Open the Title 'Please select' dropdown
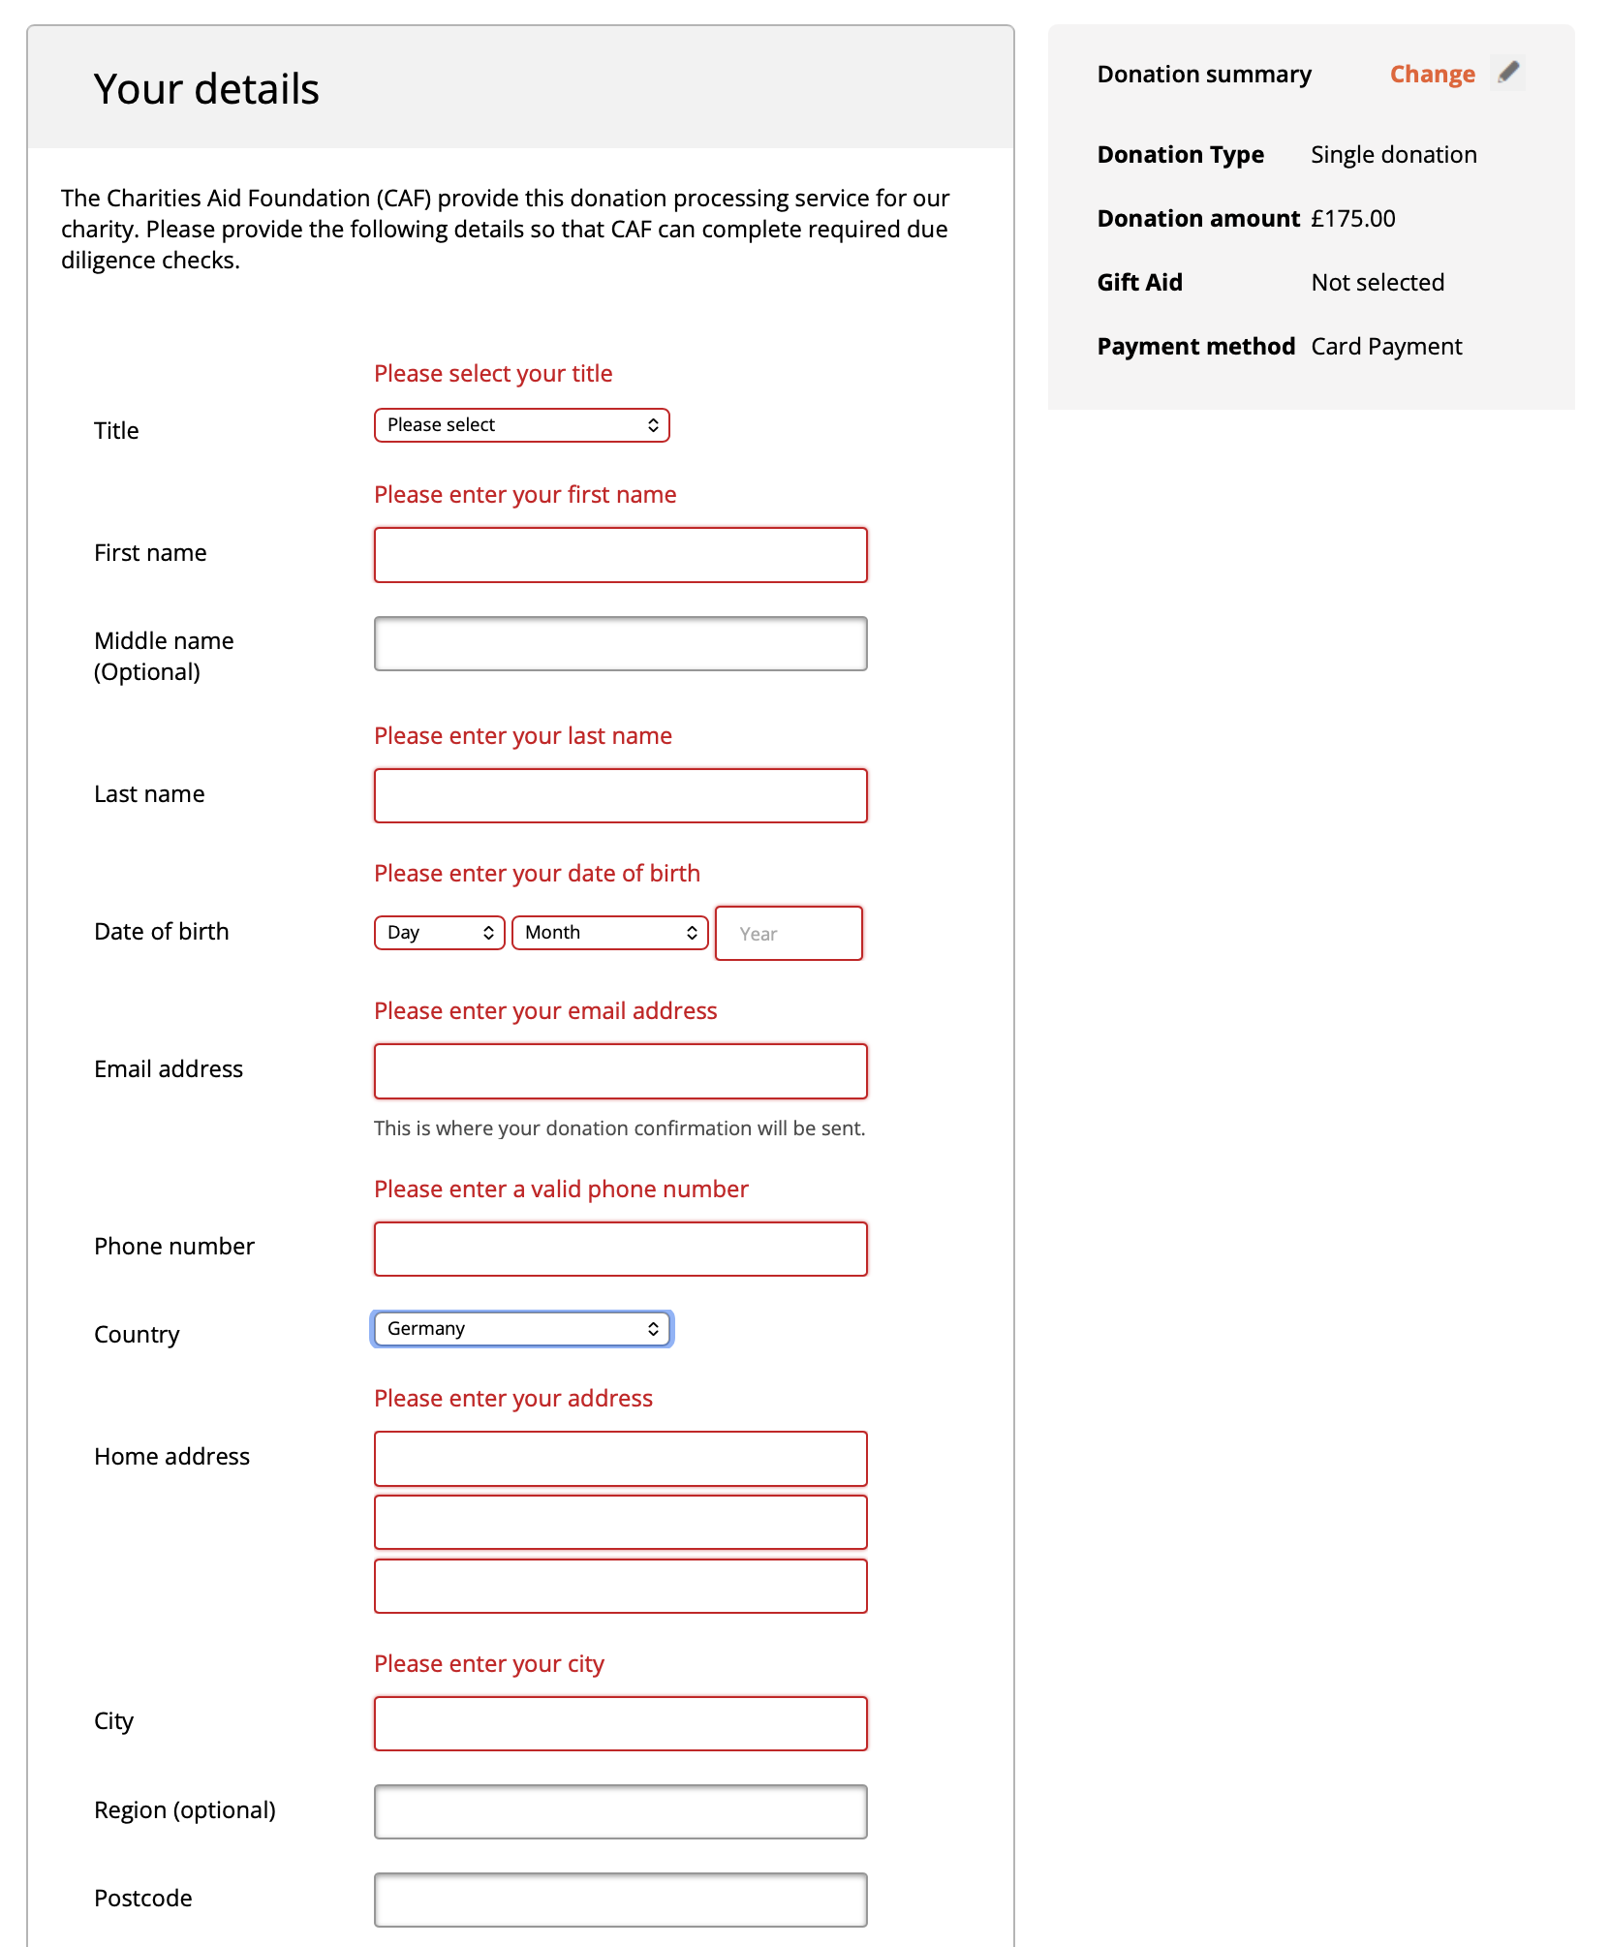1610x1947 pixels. click(x=521, y=425)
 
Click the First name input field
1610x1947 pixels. click(x=620, y=555)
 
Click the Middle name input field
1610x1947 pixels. click(x=620, y=644)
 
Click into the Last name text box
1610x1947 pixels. click(x=620, y=796)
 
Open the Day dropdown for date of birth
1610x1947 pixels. click(x=439, y=933)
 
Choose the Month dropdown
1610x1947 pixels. click(x=609, y=933)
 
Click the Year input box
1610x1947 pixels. click(x=789, y=934)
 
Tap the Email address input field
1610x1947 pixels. click(x=620, y=1071)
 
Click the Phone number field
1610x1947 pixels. click(x=620, y=1250)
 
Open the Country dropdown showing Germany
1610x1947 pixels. click(x=521, y=1329)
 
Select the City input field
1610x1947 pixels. click(x=620, y=1724)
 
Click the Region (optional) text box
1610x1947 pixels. click(x=620, y=1812)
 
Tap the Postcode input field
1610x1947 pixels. click(x=620, y=1901)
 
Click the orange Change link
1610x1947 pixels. click(x=1432, y=75)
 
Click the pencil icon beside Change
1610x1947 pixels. click(x=1508, y=73)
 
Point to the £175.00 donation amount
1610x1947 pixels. click(x=1353, y=219)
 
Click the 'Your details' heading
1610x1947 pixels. click(x=206, y=89)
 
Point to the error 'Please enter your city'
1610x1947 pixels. click(x=489, y=1664)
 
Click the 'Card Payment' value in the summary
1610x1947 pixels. click(x=1386, y=347)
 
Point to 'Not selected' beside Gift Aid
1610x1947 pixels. click(x=1378, y=283)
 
